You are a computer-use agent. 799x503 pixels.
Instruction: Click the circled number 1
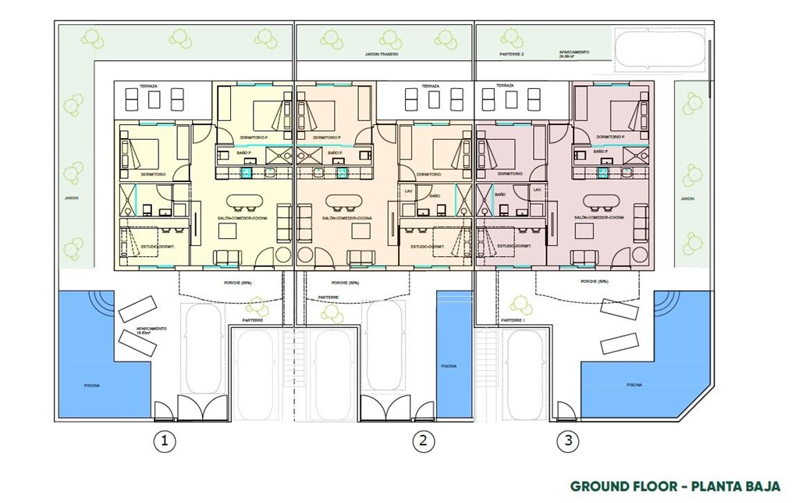(164, 441)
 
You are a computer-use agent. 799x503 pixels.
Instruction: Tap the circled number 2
(422, 441)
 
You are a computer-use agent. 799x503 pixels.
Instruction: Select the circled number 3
(568, 441)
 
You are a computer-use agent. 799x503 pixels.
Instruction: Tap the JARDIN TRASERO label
(382, 55)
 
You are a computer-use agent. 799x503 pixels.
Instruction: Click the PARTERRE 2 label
(512, 55)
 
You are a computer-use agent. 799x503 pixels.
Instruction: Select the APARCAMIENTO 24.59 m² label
(574, 55)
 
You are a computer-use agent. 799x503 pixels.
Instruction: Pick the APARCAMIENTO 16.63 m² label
(151, 330)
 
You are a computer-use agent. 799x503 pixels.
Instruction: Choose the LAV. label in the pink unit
(537, 190)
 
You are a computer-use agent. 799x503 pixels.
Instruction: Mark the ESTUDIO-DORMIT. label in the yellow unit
(155, 246)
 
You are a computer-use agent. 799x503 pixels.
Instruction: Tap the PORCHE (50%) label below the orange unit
(345, 282)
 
